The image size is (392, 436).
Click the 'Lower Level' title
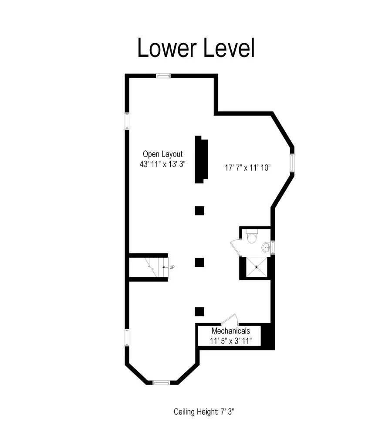pos(196,48)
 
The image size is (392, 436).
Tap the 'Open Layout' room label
pos(162,154)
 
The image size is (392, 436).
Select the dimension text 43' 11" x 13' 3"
pos(162,165)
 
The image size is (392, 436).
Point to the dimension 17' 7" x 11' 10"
pos(248,167)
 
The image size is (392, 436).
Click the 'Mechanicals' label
pos(230,331)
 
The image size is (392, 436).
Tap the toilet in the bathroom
pos(252,238)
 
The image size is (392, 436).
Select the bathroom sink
pos(266,248)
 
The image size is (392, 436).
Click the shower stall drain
pos(257,267)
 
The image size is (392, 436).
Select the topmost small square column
pos(199,211)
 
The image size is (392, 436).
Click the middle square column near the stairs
pos(199,262)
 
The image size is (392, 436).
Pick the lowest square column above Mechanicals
pos(199,311)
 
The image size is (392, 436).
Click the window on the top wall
pos(163,76)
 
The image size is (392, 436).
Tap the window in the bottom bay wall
pos(161,382)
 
